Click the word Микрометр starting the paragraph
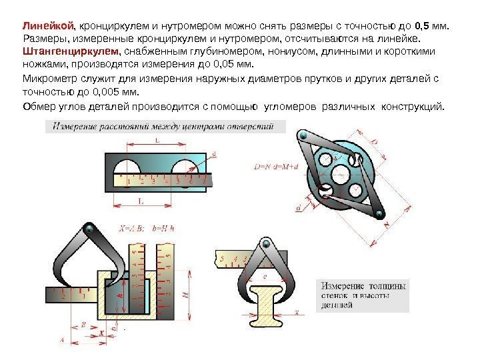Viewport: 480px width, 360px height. pyautogui.click(x=45, y=79)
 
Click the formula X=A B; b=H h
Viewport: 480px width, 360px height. pyautogui.click(x=146, y=227)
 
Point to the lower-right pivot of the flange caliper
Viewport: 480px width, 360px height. pyautogui.click(x=379, y=215)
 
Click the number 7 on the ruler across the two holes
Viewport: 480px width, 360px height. pyautogui.click(x=204, y=180)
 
